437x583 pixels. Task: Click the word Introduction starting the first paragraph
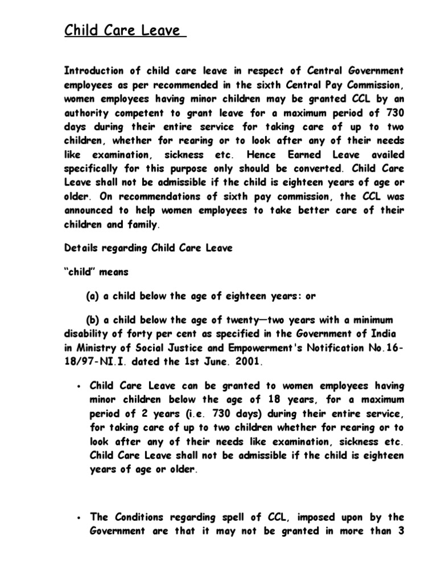pyautogui.click(x=93, y=71)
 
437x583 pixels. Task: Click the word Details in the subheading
pyautogui.click(x=80, y=248)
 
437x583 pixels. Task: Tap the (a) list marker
pyautogui.click(x=92, y=296)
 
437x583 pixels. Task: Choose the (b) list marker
pyautogui.click(x=92, y=320)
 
